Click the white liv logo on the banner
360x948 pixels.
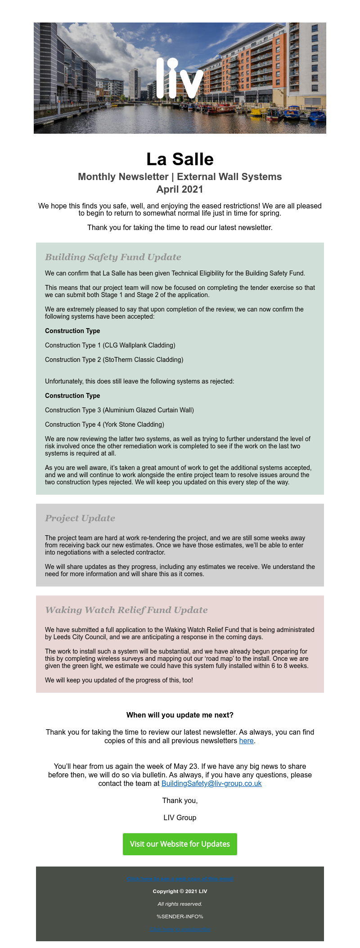[180, 78]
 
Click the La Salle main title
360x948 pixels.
[180, 159]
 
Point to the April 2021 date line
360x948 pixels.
[180, 189]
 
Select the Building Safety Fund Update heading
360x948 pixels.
[113, 257]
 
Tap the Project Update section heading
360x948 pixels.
[80, 518]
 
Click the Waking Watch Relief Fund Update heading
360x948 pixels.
[126, 610]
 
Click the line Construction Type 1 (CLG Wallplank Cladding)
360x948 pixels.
[110, 345]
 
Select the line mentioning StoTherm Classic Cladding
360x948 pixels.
[114, 360]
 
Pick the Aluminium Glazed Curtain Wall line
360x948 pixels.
[119, 410]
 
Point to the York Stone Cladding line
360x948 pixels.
[104, 424]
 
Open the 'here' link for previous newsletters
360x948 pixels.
[246, 740]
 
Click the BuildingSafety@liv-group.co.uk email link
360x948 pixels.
[211, 783]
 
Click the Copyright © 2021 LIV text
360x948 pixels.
[180, 891]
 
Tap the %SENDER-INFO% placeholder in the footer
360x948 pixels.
[180, 916]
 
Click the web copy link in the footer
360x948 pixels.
[180, 879]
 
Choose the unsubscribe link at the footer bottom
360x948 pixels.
[180, 929]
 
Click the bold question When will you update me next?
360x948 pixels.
[180, 715]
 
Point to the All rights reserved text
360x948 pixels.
[180, 904]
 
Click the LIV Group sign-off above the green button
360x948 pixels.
[180, 817]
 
